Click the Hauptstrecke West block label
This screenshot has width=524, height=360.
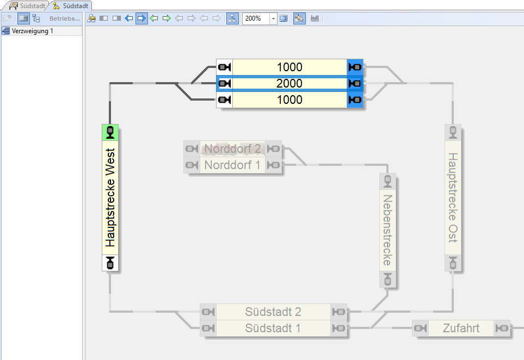(x=111, y=198)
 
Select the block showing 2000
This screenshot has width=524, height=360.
(x=289, y=84)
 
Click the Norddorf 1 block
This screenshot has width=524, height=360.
(x=232, y=165)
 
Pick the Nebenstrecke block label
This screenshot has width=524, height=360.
(x=387, y=230)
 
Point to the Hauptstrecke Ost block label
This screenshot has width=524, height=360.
(x=453, y=197)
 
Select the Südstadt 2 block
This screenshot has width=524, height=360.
(x=273, y=312)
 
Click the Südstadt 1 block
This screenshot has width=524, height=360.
(x=273, y=328)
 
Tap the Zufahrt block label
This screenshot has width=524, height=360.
(x=461, y=328)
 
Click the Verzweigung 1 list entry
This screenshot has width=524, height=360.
(x=33, y=31)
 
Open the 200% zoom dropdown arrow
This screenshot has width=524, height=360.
(x=273, y=18)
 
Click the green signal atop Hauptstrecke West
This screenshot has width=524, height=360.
(x=110, y=132)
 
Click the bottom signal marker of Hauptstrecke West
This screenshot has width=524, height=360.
(x=110, y=263)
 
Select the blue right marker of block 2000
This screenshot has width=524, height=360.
(x=355, y=84)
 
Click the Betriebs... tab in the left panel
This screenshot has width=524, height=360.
(x=64, y=18)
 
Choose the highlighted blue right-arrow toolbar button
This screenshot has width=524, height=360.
(x=141, y=18)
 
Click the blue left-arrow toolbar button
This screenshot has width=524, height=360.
(x=129, y=18)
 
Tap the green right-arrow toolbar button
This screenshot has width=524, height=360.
(x=167, y=18)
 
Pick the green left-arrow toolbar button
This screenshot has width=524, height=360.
(x=154, y=18)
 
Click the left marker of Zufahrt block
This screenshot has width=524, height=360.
(x=420, y=328)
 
